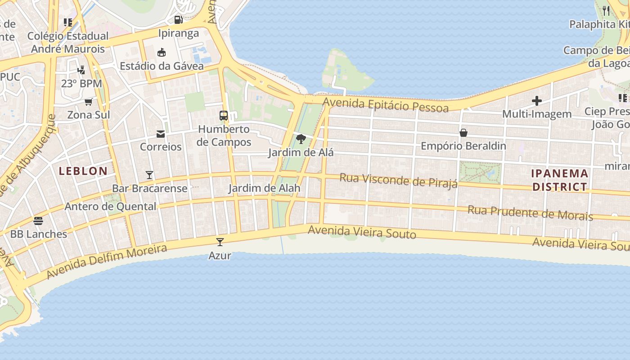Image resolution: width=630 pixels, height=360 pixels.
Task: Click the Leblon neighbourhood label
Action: coord(83,171)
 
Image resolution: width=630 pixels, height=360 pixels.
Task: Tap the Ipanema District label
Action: coord(560,180)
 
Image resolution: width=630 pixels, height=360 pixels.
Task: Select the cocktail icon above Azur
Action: coord(220,242)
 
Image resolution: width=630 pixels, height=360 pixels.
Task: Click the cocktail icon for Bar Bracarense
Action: coord(149,175)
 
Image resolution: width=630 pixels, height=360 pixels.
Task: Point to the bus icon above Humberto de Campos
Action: coord(224,115)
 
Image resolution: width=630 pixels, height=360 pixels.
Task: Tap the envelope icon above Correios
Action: coord(161,134)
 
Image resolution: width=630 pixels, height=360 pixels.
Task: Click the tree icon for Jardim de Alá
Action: coord(301,139)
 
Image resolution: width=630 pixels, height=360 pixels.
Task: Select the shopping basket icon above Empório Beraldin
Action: coord(463,133)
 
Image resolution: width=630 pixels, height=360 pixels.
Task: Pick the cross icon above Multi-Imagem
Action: coord(536,100)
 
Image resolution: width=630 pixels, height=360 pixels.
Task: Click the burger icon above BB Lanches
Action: coord(38,220)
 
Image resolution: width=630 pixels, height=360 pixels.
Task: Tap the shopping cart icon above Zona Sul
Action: coord(89,102)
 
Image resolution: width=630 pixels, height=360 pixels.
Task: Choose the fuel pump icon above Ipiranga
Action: coord(178,20)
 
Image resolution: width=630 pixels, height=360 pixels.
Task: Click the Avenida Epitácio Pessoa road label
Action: coord(386,105)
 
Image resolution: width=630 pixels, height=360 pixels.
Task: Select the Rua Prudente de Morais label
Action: coord(530,213)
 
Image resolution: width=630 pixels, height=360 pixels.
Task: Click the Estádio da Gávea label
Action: coord(162,66)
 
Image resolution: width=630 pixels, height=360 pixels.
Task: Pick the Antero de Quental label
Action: coord(110,207)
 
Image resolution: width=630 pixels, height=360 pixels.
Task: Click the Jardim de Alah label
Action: coord(264,188)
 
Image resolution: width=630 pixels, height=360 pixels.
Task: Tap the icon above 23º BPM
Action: coord(81,70)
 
